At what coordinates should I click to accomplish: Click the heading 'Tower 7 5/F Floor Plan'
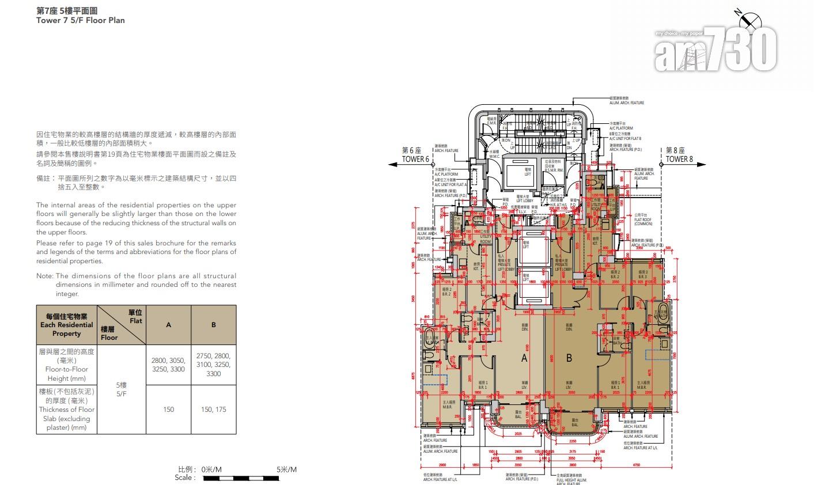pos(80,20)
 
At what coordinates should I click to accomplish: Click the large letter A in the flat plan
pos(524,358)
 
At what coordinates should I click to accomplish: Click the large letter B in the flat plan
pos(569,358)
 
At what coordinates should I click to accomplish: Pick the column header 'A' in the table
pos(168,325)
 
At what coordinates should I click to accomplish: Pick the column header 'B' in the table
pos(213,325)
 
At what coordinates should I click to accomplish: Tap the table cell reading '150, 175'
pos(213,410)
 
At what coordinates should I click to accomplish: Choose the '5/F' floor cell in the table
pos(121,389)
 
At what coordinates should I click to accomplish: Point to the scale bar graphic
pos(250,478)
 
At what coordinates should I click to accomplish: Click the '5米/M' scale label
pos(286,469)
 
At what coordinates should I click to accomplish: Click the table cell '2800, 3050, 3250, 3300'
pos(168,365)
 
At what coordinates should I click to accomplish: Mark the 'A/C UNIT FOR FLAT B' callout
pos(624,139)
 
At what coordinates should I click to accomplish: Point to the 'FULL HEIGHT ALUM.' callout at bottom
pos(571,479)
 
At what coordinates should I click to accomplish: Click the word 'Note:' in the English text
pos(45,276)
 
